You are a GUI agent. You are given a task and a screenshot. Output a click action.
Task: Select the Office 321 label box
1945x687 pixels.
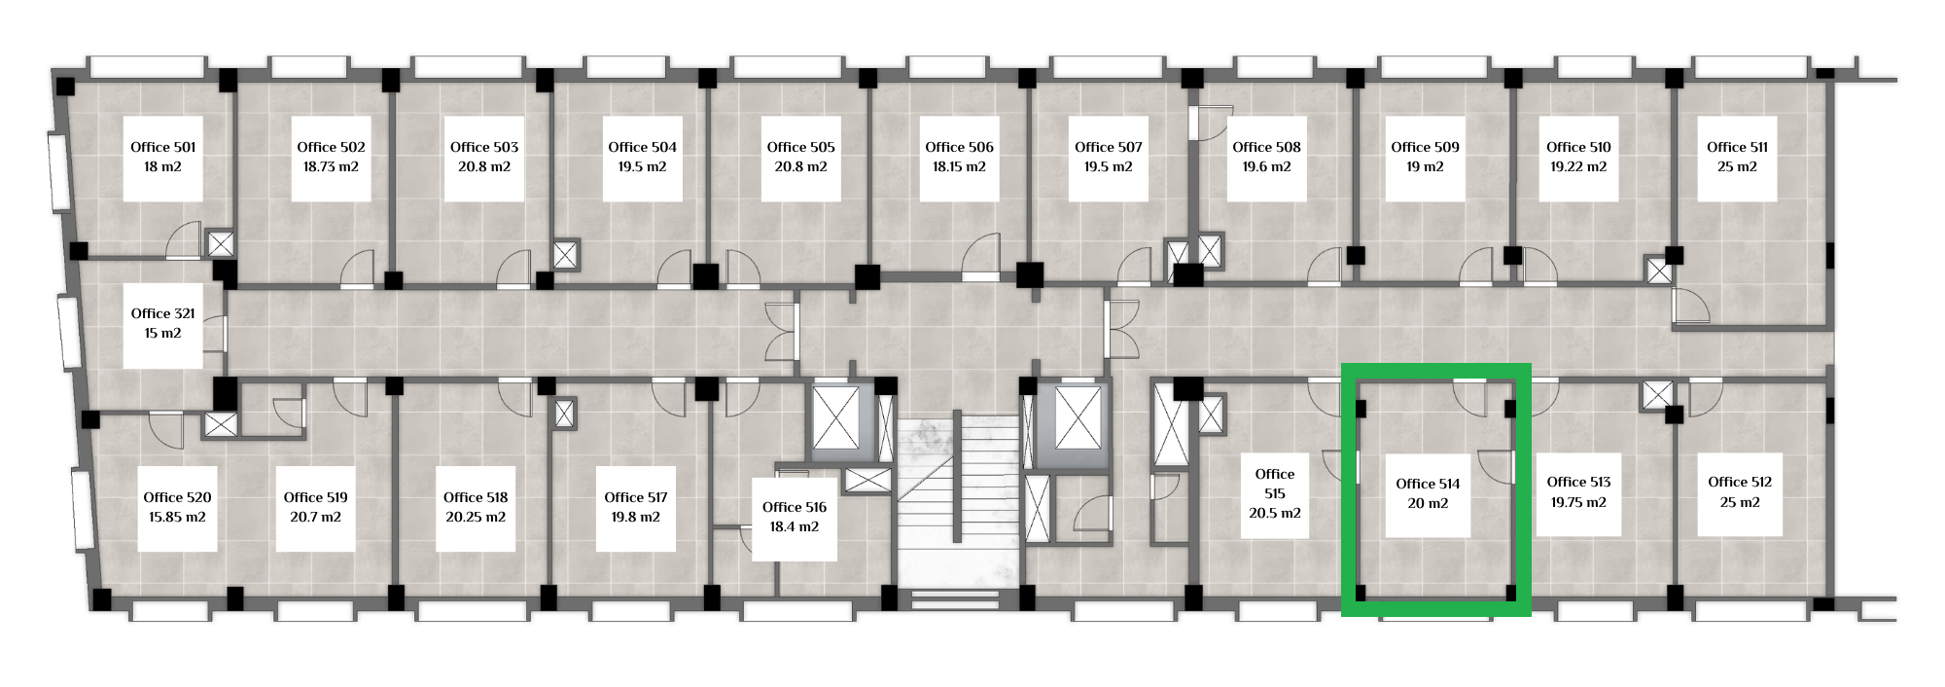[x=162, y=324]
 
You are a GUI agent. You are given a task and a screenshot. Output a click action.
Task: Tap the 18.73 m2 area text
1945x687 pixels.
[x=331, y=167]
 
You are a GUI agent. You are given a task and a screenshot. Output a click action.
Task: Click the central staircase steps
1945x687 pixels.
[x=958, y=506]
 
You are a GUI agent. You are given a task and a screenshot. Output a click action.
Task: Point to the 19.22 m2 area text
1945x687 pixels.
[x=1578, y=167]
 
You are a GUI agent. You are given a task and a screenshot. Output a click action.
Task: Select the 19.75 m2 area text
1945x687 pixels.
[x=1578, y=503]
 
